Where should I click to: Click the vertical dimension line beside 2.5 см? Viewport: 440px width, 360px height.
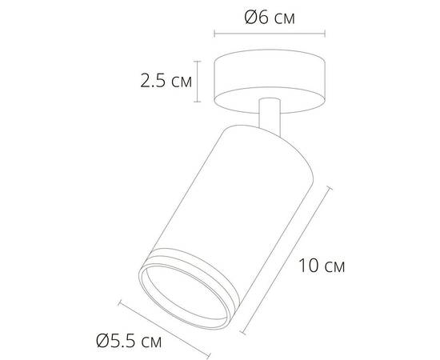coord(198,80)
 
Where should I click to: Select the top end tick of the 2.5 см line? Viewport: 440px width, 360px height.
coord(198,58)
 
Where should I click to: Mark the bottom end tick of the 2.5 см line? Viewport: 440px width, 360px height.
coord(198,102)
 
